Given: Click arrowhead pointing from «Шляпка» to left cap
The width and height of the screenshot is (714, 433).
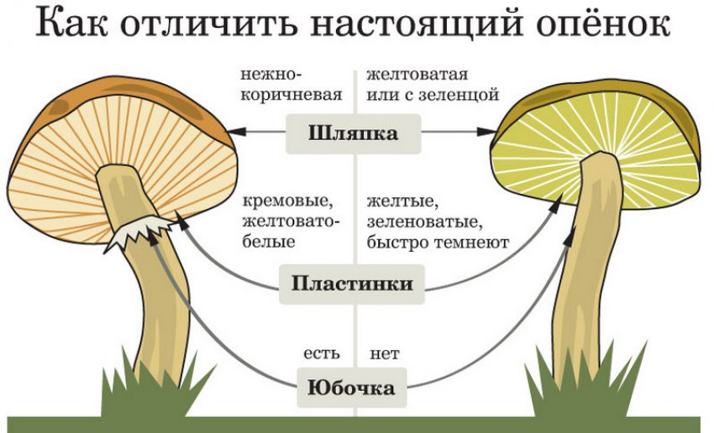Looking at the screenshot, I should (236, 131).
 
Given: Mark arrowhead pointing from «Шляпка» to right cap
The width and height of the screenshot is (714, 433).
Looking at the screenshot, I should (490, 131).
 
